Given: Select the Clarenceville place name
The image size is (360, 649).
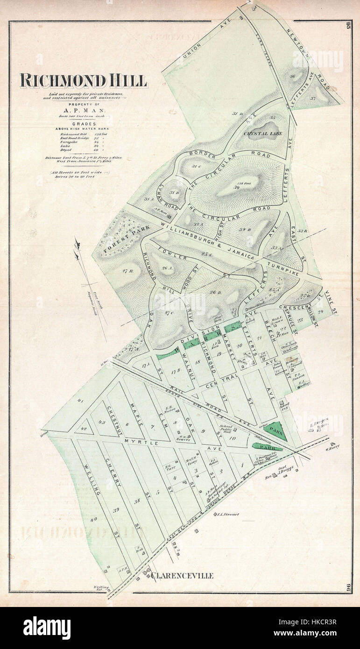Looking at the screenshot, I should [182, 576].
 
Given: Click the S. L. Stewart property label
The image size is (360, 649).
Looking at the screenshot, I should [228, 515].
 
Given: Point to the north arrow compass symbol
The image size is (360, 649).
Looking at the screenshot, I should [77, 244].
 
